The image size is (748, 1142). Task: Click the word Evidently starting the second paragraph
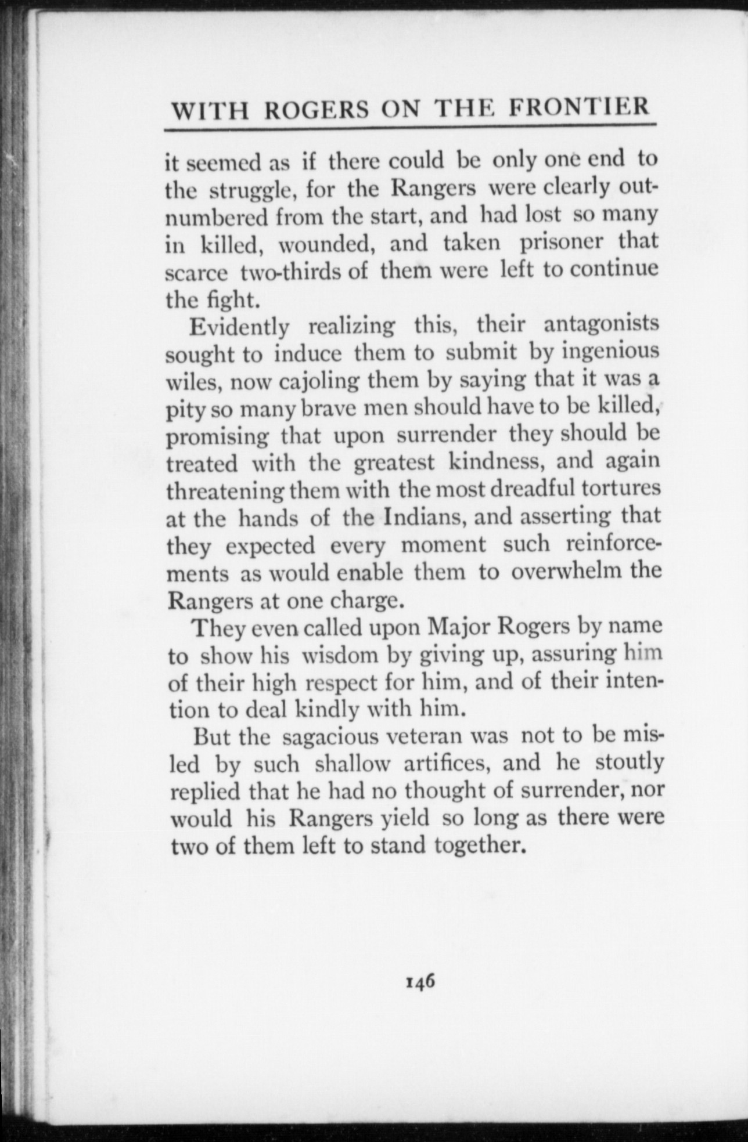click(239, 327)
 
